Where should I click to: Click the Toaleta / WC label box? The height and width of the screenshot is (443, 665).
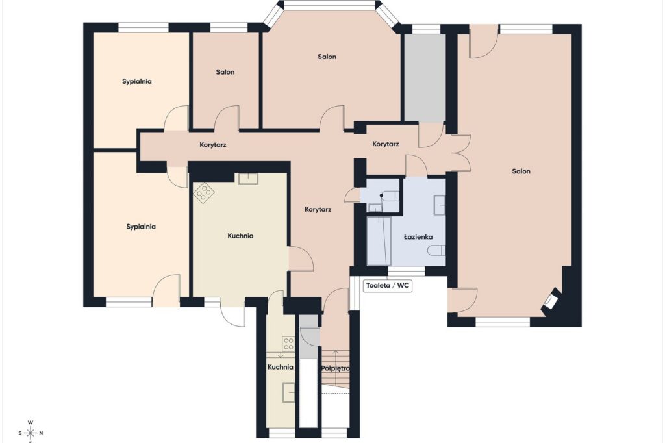388,286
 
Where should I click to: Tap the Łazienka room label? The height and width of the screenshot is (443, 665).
418,237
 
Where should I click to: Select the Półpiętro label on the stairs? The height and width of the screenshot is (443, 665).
335,368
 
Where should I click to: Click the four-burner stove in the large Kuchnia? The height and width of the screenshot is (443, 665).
204,193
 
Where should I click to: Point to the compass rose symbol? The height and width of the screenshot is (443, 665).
31,433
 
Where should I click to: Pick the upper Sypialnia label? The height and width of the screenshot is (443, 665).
136,81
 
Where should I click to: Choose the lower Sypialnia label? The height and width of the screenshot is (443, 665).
141,227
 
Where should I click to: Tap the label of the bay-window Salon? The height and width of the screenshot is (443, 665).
327,57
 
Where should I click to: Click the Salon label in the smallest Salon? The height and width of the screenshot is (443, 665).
225,72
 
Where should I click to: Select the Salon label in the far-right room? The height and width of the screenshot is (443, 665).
521,171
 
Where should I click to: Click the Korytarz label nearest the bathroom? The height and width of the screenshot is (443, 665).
386,144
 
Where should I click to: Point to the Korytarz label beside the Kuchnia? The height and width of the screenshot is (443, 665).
318,209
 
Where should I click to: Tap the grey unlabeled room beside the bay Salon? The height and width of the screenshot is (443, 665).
425,78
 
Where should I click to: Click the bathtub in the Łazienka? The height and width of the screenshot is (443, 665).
379,240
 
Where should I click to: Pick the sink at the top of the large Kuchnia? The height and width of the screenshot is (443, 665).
247,179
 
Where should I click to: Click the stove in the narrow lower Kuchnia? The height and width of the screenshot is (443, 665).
288,344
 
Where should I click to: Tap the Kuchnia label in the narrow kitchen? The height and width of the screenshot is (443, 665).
281,367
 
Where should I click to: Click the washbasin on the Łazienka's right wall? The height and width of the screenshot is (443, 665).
440,205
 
